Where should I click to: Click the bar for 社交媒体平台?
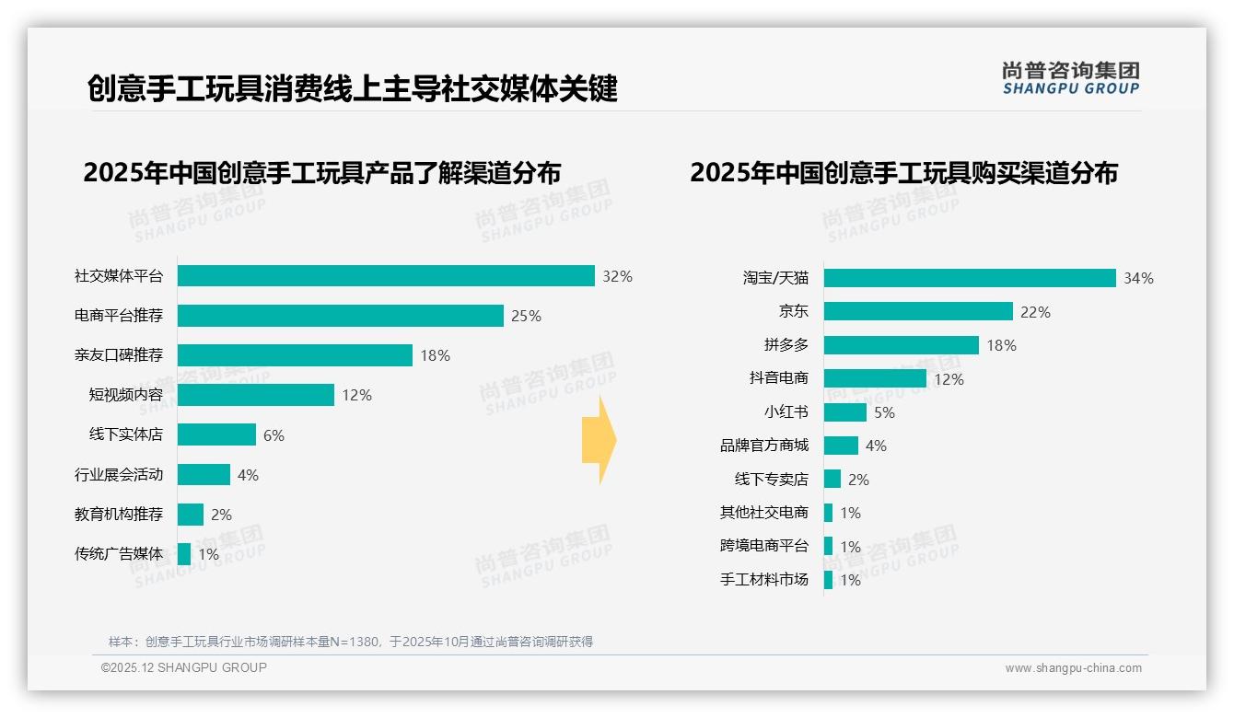(386, 276)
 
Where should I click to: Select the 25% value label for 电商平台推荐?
(526, 317)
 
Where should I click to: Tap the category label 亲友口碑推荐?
(119, 355)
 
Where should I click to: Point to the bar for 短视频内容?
(256, 395)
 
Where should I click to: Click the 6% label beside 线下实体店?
(274, 435)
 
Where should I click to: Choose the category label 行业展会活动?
(119, 475)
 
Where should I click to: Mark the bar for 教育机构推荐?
(191, 515)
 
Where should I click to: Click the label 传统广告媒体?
(119, 554)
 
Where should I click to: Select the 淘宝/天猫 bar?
(970, 278)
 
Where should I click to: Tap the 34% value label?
(1138, 279)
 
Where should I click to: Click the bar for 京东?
(918, 312)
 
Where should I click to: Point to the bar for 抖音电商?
(875, 378)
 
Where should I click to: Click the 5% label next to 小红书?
(884, 412)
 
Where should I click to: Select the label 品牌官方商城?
(764, 446)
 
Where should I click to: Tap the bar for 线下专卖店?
(832, 479)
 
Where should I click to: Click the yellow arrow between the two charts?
(599, 440)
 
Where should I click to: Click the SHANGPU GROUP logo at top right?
(1071, 78)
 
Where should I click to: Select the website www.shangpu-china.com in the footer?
(1073, 668)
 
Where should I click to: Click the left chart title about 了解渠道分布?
(321, 173)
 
